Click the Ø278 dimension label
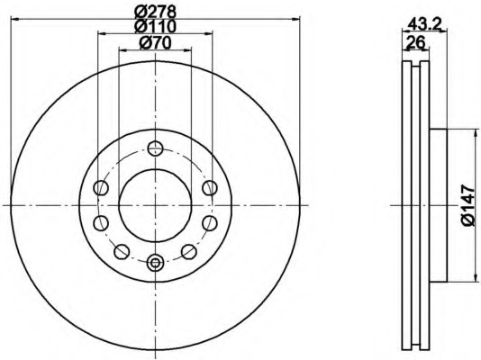(x=156, y=12)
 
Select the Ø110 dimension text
(x=156, y=26)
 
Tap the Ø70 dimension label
(x=155, y=43)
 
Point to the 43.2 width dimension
(x=424, y=23)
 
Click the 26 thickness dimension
(x=415, y=42)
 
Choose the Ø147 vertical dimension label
(x=468, y=205)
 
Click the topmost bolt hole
(x=155, y=148)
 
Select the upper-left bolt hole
(x=101, y=187)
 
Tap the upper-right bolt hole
(x=210, y=187)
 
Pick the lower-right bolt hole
(x=188, y=251)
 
